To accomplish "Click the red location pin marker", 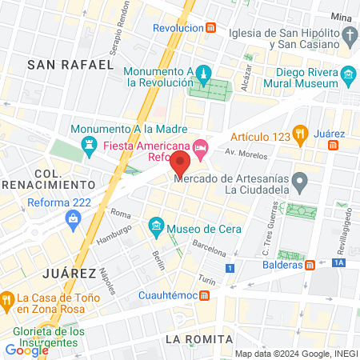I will tap(181, 165).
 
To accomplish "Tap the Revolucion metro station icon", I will tap(210, 27).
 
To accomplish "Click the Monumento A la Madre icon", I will tap(89, 144).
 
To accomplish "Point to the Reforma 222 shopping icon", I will tap(74, 217).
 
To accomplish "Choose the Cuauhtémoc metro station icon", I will tap(204, 296).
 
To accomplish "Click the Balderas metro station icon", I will tap(310, 265).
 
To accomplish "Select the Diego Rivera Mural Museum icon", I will tap(348, 77).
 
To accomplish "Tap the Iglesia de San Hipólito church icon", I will tap(349, 36).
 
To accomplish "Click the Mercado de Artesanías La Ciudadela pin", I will tap(299, 183).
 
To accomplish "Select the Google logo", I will tap(27, 350).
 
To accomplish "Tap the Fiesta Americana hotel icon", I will tap(199, 147).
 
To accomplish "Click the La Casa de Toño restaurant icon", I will tap(7, 300).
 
